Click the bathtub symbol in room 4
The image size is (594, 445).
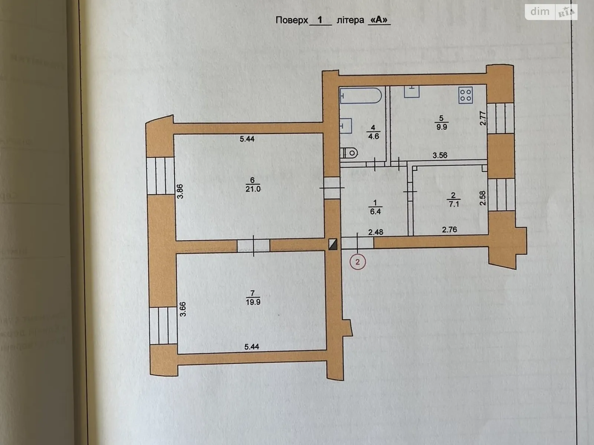click(360, 96)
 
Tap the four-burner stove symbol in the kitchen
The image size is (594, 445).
click(465, 95)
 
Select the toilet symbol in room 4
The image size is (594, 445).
click(349, 153)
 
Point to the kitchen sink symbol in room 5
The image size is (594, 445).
click(411, 91)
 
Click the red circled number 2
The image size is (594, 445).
click(358, 262)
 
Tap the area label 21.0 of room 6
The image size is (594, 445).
click(253, 189)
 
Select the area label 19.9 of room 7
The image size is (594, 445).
click(253, 302)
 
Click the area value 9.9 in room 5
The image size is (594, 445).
click(441, 127)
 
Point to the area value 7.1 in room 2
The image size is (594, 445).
click(454, 204)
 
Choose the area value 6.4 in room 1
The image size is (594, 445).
click(375, 211)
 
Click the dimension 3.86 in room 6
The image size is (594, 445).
click(180, 191)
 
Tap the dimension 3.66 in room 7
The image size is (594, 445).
click(183, 309)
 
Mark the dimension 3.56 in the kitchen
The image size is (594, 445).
click(440, 155)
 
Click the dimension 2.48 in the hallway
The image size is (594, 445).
click(376, 232)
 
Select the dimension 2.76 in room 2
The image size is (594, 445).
click(449, 230)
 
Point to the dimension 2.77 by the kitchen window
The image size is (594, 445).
click(483, 118)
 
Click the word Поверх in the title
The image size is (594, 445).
click(292, 20)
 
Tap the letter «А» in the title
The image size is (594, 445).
click(379, 20)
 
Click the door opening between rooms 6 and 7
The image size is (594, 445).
click(254, 245)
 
